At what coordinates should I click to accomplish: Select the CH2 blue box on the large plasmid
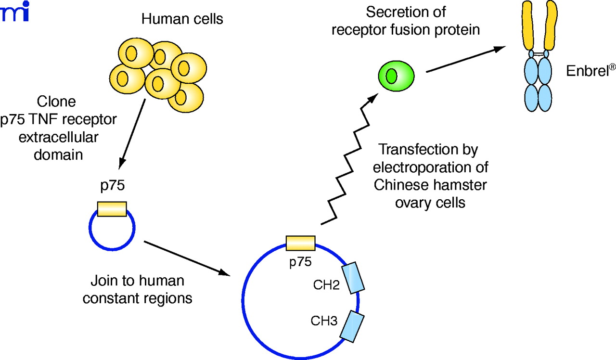(x=353, y=278)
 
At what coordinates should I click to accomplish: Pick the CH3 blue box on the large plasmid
(x=352, y=327)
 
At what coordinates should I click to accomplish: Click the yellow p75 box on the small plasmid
(x=112, y=209)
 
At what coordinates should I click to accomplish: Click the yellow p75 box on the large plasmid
(x=300, y=243)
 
